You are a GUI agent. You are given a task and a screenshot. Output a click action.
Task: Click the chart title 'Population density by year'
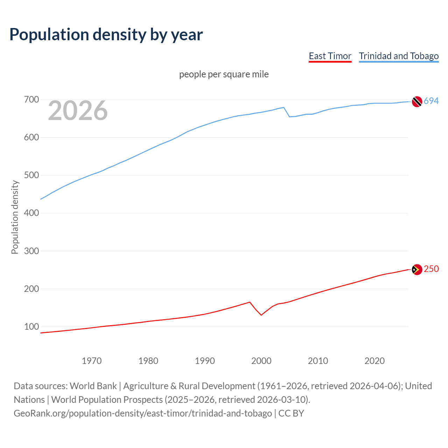click(106, 35)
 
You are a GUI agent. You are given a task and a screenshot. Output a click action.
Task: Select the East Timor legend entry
click(330, 56)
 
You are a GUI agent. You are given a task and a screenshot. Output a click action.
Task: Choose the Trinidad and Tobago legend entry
click(399, 56)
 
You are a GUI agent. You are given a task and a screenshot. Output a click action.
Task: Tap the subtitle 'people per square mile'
click(224, 74)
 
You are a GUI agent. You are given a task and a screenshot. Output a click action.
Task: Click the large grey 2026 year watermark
click(78, 111)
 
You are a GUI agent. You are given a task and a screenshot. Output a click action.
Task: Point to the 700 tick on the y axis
click(31, 100)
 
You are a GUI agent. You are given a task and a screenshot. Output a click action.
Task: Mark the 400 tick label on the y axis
click(31, 213)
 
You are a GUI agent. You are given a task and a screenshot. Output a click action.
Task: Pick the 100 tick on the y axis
click(31, 327)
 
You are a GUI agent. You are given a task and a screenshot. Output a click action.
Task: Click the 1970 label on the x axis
click(92, 361)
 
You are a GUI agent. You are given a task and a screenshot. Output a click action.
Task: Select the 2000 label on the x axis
click(261, 361)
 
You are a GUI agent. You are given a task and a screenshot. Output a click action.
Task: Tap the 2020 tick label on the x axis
click(374, 361)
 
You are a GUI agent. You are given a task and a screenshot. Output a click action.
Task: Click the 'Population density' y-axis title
click(15, 217)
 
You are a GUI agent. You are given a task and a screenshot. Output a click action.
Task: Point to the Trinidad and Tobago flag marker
click(417, 101)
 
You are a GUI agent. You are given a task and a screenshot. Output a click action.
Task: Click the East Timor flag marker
click(417, 269)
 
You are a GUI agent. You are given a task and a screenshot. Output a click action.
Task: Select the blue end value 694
click(431, 101)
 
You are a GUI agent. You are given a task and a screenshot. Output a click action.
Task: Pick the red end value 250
click(431, 269)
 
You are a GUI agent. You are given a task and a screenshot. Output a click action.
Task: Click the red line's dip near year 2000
click(261, 315)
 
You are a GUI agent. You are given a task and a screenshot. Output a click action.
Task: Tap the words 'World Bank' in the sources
click(93, 386)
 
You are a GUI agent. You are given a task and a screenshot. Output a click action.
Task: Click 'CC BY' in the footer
click(291, 413)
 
